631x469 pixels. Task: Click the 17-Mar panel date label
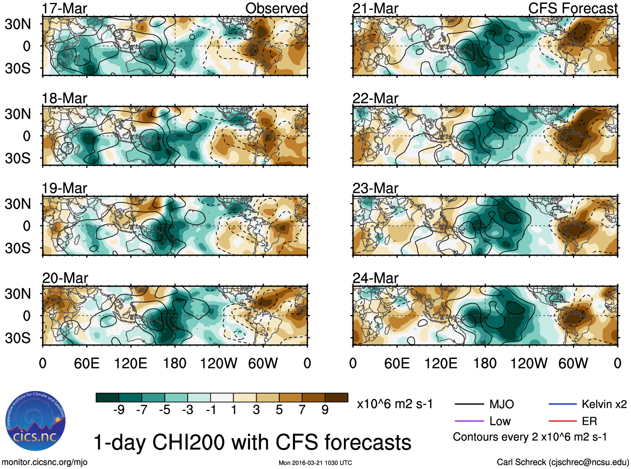64,8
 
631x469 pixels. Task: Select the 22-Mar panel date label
375,98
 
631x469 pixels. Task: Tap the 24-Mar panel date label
375,278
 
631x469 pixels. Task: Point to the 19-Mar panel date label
64,188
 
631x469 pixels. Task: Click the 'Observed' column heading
276,8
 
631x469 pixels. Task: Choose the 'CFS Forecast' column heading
572,8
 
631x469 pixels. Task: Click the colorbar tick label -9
119,410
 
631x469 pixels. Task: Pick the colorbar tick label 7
302,410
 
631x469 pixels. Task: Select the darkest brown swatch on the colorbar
336,397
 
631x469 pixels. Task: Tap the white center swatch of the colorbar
222,397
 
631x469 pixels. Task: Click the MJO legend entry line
469,404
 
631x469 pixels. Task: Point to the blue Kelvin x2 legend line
562,404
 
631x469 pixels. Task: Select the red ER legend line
562,421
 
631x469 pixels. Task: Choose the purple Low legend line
469,421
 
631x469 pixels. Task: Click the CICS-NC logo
36,421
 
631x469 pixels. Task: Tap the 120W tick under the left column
218,363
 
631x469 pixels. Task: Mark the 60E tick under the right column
397,363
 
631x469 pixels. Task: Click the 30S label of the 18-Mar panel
18,158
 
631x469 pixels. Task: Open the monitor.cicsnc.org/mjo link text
44,462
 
